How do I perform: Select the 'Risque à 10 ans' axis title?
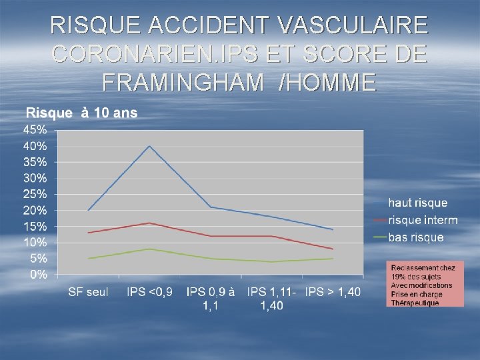click(81, 113)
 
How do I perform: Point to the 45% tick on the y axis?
click(35, 129)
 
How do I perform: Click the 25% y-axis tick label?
click(35, 194)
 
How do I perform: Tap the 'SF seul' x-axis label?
click(89, 292)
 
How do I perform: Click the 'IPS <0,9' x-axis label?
click(149, 292)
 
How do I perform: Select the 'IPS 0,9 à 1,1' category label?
click(211, 298)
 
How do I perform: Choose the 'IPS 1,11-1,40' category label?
click(271, 298)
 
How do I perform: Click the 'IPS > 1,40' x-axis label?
click(332, 292)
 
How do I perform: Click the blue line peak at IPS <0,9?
click(149, 145)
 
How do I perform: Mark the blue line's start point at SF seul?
click(89, 210)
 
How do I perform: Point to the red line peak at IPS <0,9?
click(149, 223)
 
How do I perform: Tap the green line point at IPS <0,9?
click(149, 249)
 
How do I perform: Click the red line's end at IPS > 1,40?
click(332, 249)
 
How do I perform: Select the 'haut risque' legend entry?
click(418, 203)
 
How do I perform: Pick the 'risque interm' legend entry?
click(423, 220)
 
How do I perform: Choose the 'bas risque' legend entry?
click(416, 237)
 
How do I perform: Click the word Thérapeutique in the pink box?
click(415, 303)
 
